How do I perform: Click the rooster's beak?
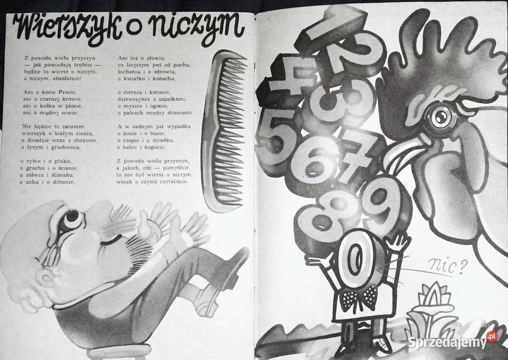pyautogui.click(x=402, y=159)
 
